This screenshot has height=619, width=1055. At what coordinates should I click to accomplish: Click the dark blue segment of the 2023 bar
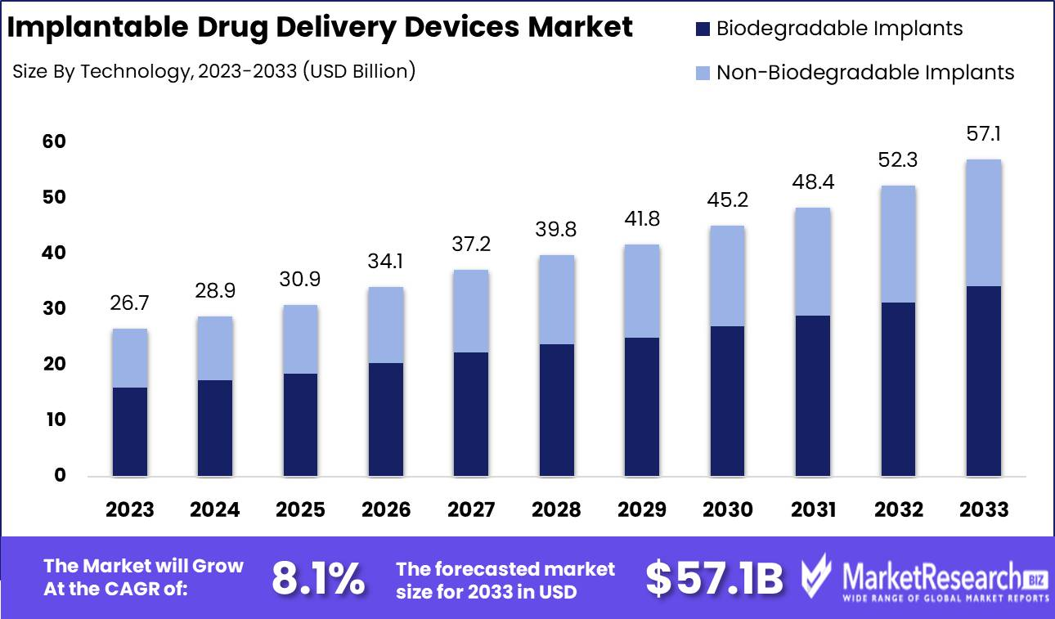coord(130,432)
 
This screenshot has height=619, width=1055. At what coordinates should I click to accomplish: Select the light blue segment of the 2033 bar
coord(984,222)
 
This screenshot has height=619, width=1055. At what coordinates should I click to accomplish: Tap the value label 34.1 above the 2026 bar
coord(386,262)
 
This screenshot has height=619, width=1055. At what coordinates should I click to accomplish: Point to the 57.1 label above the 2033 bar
coord(984,134)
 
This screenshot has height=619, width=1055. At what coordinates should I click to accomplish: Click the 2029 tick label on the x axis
coord(642,509)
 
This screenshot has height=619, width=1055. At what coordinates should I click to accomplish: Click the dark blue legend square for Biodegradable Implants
coord(703,29)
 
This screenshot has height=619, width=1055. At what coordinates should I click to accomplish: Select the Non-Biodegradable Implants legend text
coord(865,72)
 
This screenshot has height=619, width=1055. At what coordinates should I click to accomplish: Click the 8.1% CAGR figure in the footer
coord(318,578)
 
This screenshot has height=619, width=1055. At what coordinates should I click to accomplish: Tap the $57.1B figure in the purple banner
coord(714,578)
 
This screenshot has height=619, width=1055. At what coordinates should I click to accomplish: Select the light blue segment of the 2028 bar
coord(557,299)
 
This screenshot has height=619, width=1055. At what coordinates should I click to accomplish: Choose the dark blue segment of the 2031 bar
coord(813,396)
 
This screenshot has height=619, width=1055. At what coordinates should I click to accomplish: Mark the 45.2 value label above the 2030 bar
coord(728,200)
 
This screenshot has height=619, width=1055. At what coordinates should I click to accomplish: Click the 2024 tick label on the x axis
coord(215,509)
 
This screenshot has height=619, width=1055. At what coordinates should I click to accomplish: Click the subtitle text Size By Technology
coord(102,72)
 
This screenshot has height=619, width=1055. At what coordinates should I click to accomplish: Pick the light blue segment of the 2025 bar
coord(301,339)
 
